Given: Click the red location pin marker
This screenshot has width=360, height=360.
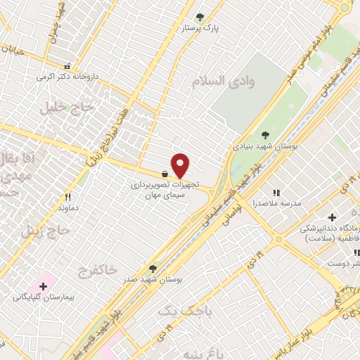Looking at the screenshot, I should pyautogui.click(x=181, y=165).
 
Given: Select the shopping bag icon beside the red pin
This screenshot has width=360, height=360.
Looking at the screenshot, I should pyautogui.click(x=165, y=174).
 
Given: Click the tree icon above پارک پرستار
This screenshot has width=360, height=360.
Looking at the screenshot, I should pyautogui.click(x=200, y=17).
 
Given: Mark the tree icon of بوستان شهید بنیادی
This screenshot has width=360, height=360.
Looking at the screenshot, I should pyautogui.click(x=265, y=135).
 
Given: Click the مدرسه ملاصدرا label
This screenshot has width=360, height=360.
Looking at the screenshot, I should pyautogui.click(x=276, y=203).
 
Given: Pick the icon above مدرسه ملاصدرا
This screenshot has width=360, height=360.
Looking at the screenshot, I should pyautogui.click(x=276, y=192).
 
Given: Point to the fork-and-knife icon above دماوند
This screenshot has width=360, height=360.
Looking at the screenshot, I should pyautogui.click(x=68, y=198).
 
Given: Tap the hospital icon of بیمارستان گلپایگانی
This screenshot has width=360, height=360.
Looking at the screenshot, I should pyautogui.click(x=44, y=286).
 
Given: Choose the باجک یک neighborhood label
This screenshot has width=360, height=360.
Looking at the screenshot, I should pyautogui.click(x=176, y=310).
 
